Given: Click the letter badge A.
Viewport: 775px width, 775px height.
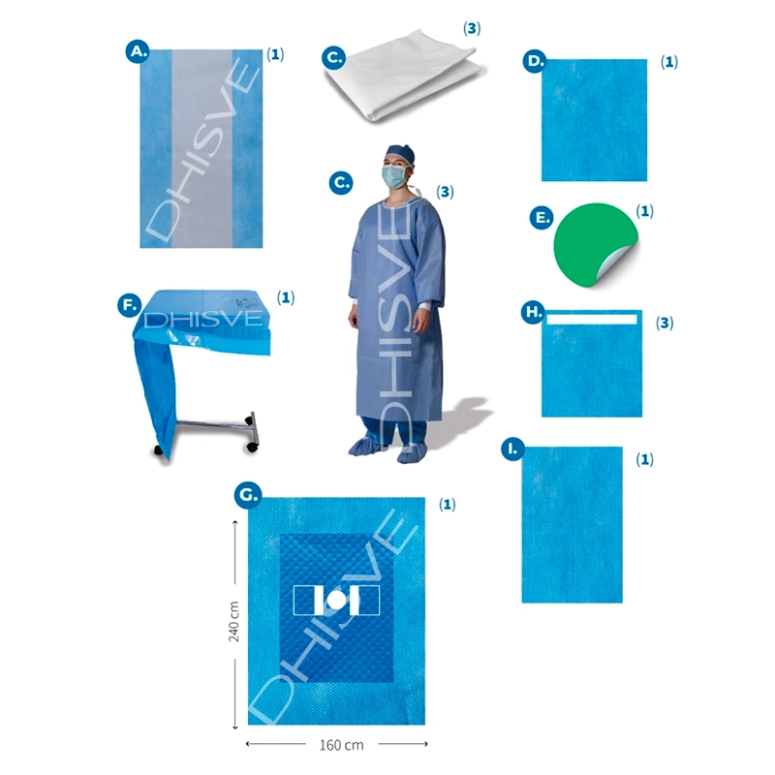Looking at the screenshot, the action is coord(138,51).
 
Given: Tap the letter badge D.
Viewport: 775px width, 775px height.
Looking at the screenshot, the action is coord(535,61).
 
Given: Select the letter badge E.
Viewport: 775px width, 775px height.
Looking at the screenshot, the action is coord(542,217).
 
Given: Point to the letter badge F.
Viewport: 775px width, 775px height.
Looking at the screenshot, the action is coord(130,305).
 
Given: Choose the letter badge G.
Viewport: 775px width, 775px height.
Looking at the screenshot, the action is coord(248,494).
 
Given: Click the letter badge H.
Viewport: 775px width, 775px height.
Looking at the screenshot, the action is coord(534,312).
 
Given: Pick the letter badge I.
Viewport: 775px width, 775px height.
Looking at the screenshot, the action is coord(513,449).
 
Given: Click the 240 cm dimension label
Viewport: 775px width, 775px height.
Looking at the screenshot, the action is coord(233,621).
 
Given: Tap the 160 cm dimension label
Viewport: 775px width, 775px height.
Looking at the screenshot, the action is coord(342,745).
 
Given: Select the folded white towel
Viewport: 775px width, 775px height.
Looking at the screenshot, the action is coord(404,75).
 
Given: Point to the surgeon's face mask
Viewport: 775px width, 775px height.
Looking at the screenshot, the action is coord(394,176).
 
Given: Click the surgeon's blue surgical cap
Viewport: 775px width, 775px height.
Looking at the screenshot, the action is coord(400,152).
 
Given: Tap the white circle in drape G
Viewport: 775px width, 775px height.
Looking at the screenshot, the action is coord(335,601).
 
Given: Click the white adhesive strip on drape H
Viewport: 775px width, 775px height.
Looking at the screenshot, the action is coord(592,320).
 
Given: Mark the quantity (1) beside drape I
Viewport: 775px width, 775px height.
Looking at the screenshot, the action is coord(644,459).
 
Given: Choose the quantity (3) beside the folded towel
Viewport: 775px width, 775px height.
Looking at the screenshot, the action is coord(472,28).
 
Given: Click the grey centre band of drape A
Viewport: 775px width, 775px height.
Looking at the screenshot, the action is coord(201,148).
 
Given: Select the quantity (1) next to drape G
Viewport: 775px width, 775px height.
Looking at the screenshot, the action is coord(447,504).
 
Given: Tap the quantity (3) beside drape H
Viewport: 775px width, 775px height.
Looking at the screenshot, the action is coord(665,323).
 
